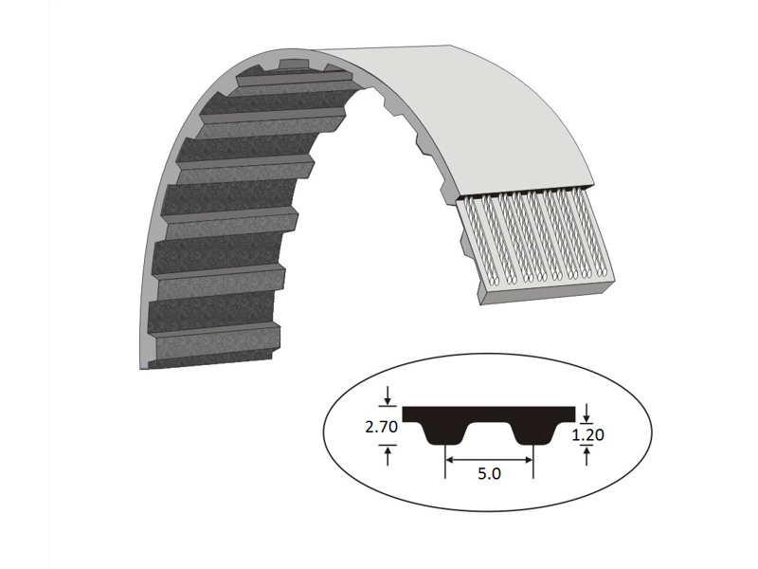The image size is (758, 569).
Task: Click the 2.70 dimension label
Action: (381, 427)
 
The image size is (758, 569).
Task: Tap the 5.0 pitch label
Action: (490, 474)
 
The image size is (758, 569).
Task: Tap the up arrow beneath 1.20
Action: (588, 456)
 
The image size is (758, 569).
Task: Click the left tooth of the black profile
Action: (445, 434)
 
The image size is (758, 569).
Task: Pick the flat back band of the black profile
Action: (489, 414)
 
